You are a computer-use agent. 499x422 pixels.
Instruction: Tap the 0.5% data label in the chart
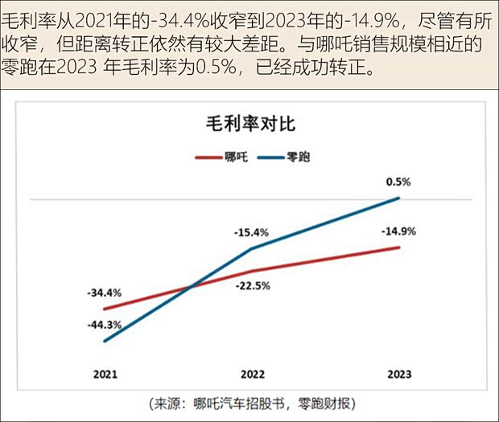click(398, 182)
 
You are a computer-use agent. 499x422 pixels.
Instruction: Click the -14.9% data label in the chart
click(398, 231)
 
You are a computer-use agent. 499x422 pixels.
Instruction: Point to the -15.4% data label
click(251, 232)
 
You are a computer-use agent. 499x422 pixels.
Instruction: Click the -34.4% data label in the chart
click(105, 292)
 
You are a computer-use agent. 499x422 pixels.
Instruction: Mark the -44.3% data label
click(105, 325)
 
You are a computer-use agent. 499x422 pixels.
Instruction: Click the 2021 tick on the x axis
click(105, 374)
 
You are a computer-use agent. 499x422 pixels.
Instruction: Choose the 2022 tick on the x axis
click(253, 374)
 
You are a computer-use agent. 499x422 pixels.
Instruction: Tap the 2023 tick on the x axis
click(400, 374)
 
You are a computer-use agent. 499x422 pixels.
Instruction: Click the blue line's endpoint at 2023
click(400, 198)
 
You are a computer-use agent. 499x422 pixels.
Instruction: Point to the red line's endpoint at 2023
click(400, 247)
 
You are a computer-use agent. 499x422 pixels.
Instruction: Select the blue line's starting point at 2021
click(105, 342)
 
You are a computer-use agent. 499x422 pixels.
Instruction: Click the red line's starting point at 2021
click(105, 309)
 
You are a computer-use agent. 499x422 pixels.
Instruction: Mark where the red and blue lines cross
click(191, 287)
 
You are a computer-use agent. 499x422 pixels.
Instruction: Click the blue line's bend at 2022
click(253, 248)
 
